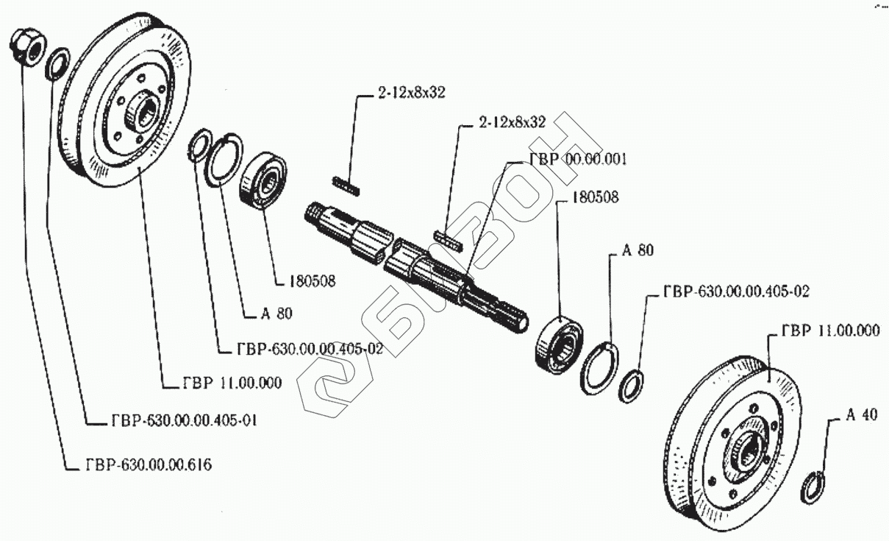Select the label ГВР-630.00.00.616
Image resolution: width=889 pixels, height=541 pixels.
click(x=144, y=464)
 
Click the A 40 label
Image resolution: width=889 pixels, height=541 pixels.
click(x=861, y=415)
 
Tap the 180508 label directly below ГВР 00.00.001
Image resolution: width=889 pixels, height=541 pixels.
click(x=596, y=197)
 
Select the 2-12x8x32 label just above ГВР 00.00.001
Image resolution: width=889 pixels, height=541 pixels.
click(x=512, y=122)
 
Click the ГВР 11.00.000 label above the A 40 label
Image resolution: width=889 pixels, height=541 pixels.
click(x=830, y=331)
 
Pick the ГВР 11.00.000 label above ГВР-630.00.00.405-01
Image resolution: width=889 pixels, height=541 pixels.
click(x=232, y=383)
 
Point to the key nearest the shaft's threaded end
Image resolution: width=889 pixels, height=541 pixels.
click(x=346, y=185)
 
